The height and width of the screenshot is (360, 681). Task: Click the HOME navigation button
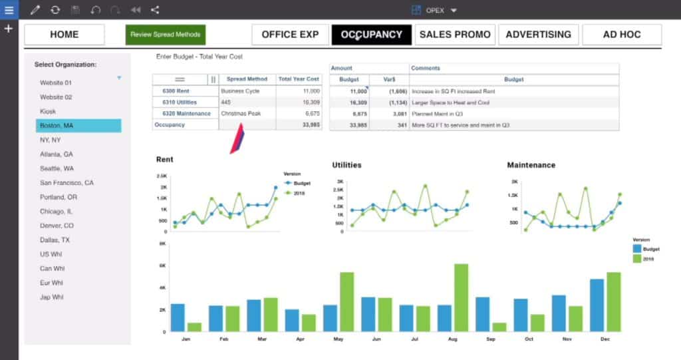pyautogui.click(x=64, y=35)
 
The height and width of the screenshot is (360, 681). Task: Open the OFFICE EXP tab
pyautogui.click(x=290, y=35)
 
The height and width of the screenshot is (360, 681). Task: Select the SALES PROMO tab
pyautogui.click(x=455, y=35)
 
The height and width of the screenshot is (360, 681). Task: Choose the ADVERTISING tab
pyautogui.click(x=538, y=35)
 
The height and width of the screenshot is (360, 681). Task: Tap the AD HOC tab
pyautogui.click(x=622, y=35)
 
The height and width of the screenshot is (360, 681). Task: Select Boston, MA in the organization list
pyautogui.click(x=78, y=126)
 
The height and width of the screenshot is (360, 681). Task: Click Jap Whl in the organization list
pyautogui.click(x=52, y=297)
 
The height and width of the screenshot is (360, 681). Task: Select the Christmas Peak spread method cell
pyautogui.click(x=241, y=114)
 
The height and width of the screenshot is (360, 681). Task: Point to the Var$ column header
pyautogui.click(x=390, y=79)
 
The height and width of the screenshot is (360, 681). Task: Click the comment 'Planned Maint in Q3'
pyautogui.click(x=436, y=114)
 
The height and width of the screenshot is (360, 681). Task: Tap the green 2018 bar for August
pyautogui.click(x=461, y=298)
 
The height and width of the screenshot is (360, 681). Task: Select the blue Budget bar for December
pyautogui.click(x=597, y=305)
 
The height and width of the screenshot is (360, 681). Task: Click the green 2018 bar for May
pyautogui.click(x=346, y=302)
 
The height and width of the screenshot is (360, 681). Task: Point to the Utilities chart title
pyautogui.click(x=346, y=165)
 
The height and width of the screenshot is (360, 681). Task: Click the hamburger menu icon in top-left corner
pyautogui.click(x=9, y=10)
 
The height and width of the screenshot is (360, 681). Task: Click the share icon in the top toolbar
pyautogui.click(x=155, y=10)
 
